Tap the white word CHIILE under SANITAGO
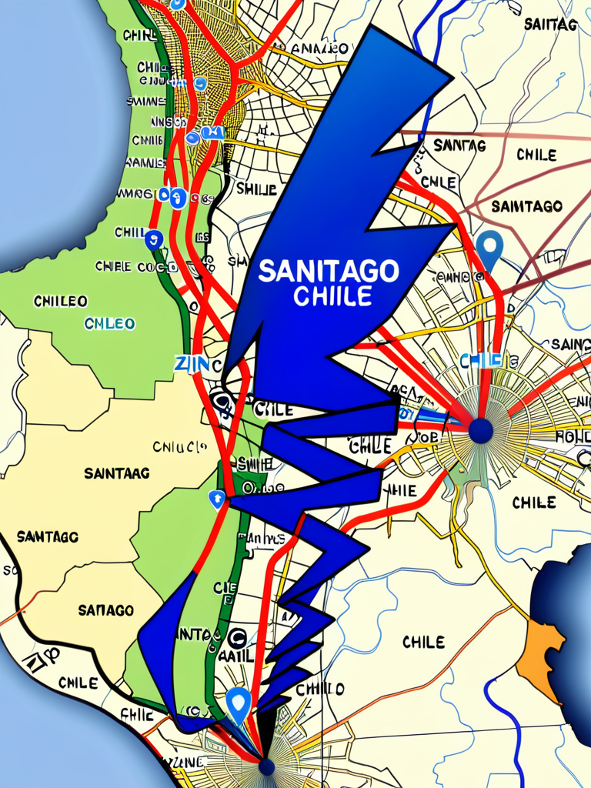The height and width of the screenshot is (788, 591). click(x=333, y=295)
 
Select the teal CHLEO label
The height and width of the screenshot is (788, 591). click(x=109, y=324)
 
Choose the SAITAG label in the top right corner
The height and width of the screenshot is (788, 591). click(x=550, y=24)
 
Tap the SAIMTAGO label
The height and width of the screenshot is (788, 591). click(x=526, y=206)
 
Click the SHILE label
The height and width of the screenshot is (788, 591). click(x=256, y=189)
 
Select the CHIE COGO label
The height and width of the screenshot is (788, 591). click(x=136, y=266)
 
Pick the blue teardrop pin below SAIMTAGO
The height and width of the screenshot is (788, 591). click(x=489, y=247)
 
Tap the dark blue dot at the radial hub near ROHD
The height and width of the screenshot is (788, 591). click(x=481, y=431)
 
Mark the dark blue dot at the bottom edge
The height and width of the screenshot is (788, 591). click(x=266, y=766)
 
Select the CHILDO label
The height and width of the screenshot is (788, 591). click(x=319, y=688)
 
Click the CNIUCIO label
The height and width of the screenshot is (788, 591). click(x=179, y=446)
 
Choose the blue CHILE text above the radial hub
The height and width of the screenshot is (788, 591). click(x=480, y=360)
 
